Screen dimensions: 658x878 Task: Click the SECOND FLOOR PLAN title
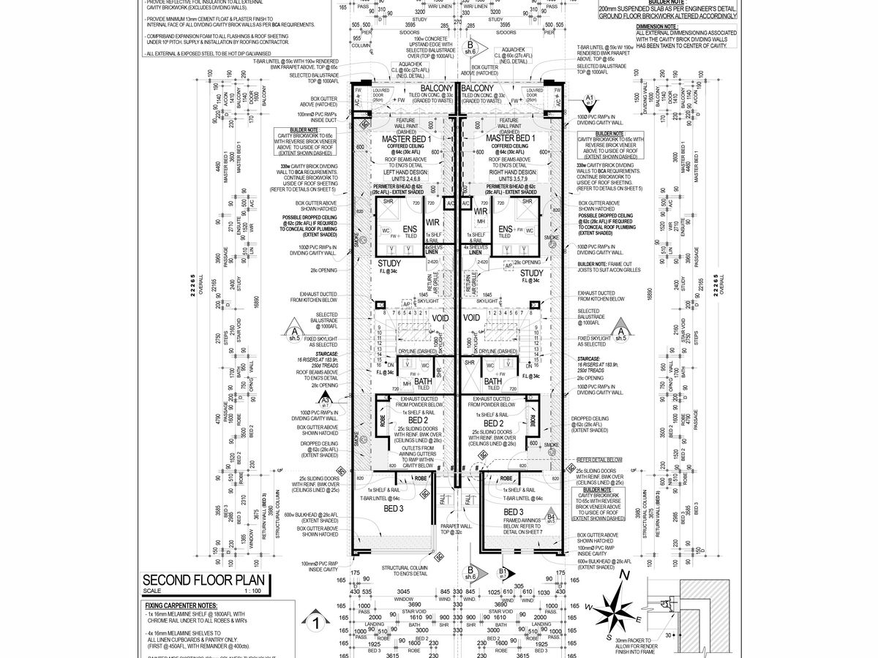pyautogui.click(x=206, y=581)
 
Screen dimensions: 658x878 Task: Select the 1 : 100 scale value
pyautogui.click(x=252, y=591)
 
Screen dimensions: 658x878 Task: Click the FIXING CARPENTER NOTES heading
pyautogui.click(x=181, y=606)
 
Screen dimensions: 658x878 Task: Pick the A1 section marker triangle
pyautogui.click(x=589, y=99)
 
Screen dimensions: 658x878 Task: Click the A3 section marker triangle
pyautogui.click(x=324, y=400)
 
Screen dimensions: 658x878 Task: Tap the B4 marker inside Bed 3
pyautogui.click(x=551, y=518)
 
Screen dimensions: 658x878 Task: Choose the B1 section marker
pyautogui.click(x=503, y=572)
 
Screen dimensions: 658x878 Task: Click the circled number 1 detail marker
pyautogui.click(x=315, y=624)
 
